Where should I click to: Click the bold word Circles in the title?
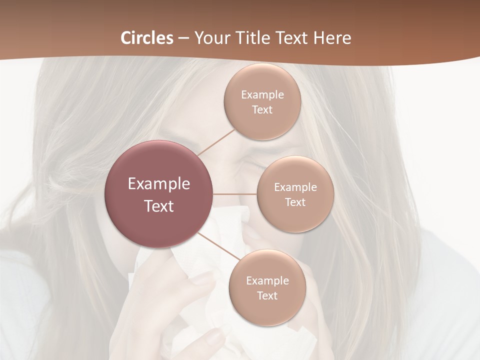tap(147, 38)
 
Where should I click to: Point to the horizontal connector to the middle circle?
tap(235, 193)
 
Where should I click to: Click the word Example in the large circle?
tap(159, 184)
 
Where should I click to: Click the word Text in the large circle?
tap(159, 206)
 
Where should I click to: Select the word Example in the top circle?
tap(262, 95)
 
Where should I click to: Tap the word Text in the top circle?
tap(262, 110)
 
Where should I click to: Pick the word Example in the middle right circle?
tap(295, 187)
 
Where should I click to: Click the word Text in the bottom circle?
tap(267, 295)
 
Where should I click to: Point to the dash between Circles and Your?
tap(183, 38)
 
